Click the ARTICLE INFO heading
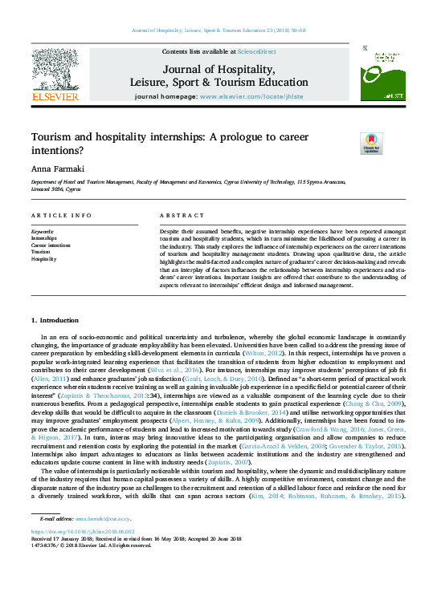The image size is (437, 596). (x=61, y=217)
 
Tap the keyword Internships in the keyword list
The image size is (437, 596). (x=44, y=238)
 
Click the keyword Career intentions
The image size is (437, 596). (x=51, y=245)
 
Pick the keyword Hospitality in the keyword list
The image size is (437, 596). (x=44, y=259)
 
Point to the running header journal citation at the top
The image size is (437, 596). (x=218, y=31)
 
